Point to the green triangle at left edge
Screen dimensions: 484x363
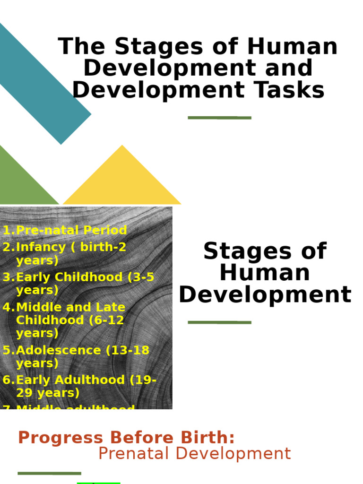19,182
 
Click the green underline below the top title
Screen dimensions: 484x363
219,117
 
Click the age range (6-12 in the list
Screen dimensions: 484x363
106,320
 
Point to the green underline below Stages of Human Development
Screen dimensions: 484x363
219,322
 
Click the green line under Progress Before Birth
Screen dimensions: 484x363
49,473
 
